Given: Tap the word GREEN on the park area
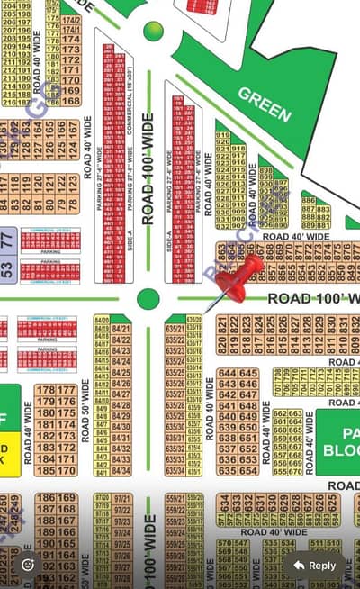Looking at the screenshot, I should [265, 104].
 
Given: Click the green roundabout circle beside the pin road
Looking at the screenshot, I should [148, 298].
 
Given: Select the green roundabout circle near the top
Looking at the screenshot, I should [154, 30].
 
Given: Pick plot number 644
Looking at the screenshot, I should [227, 373].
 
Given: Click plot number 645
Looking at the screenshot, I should [248, 373].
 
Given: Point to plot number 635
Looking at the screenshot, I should [227, 470].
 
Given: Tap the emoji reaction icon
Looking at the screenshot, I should [28, 565].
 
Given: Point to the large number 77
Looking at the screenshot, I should [7, 240].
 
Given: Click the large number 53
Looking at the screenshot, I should [7, 267].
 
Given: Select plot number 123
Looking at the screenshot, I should [73, 181].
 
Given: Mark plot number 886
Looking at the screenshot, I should [309, 200].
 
